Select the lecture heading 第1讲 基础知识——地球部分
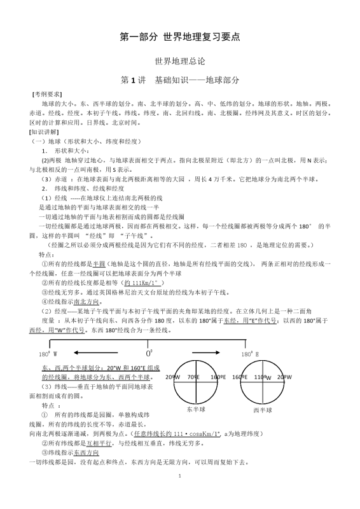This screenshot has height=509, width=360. [180, 80]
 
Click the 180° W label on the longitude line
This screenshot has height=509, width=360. [48, 354]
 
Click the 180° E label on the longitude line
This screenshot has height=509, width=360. [250, 354]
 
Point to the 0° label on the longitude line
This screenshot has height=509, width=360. [150, 352]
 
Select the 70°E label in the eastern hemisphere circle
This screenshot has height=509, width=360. [191, 377]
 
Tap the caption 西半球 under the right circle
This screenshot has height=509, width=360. [263, 410]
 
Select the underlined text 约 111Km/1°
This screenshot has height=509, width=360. [142, 282]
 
